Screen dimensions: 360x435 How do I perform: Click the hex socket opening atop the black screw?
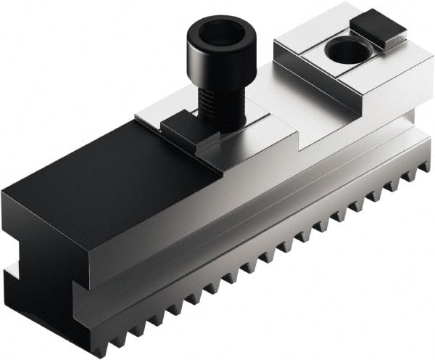click(215, 33)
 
